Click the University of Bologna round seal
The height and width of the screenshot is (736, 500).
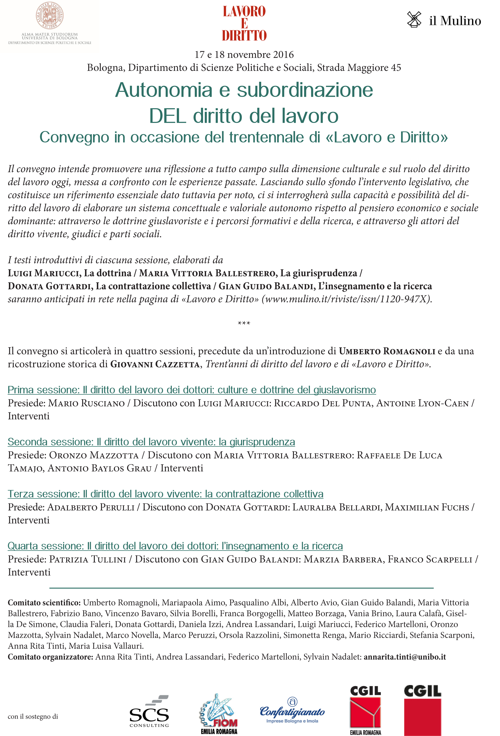[50, 16]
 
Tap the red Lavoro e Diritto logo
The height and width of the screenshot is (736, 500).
[244, 23]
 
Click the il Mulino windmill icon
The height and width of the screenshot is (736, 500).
[414, 20]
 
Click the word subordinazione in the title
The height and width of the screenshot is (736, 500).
[305, 90]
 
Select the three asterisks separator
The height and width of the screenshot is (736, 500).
[244, 323]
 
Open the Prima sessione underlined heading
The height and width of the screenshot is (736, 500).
[192, 390]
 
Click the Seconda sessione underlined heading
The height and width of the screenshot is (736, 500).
[151, 442]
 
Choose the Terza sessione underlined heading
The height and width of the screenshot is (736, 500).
[165, 494]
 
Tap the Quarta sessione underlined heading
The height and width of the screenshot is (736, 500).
[175, 546]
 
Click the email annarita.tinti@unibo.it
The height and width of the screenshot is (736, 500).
[405, 657]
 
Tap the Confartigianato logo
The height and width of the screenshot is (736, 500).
[292, 711]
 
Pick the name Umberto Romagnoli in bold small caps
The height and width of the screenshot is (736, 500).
[387, 351]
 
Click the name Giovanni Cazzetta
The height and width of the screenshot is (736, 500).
[155, 364]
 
